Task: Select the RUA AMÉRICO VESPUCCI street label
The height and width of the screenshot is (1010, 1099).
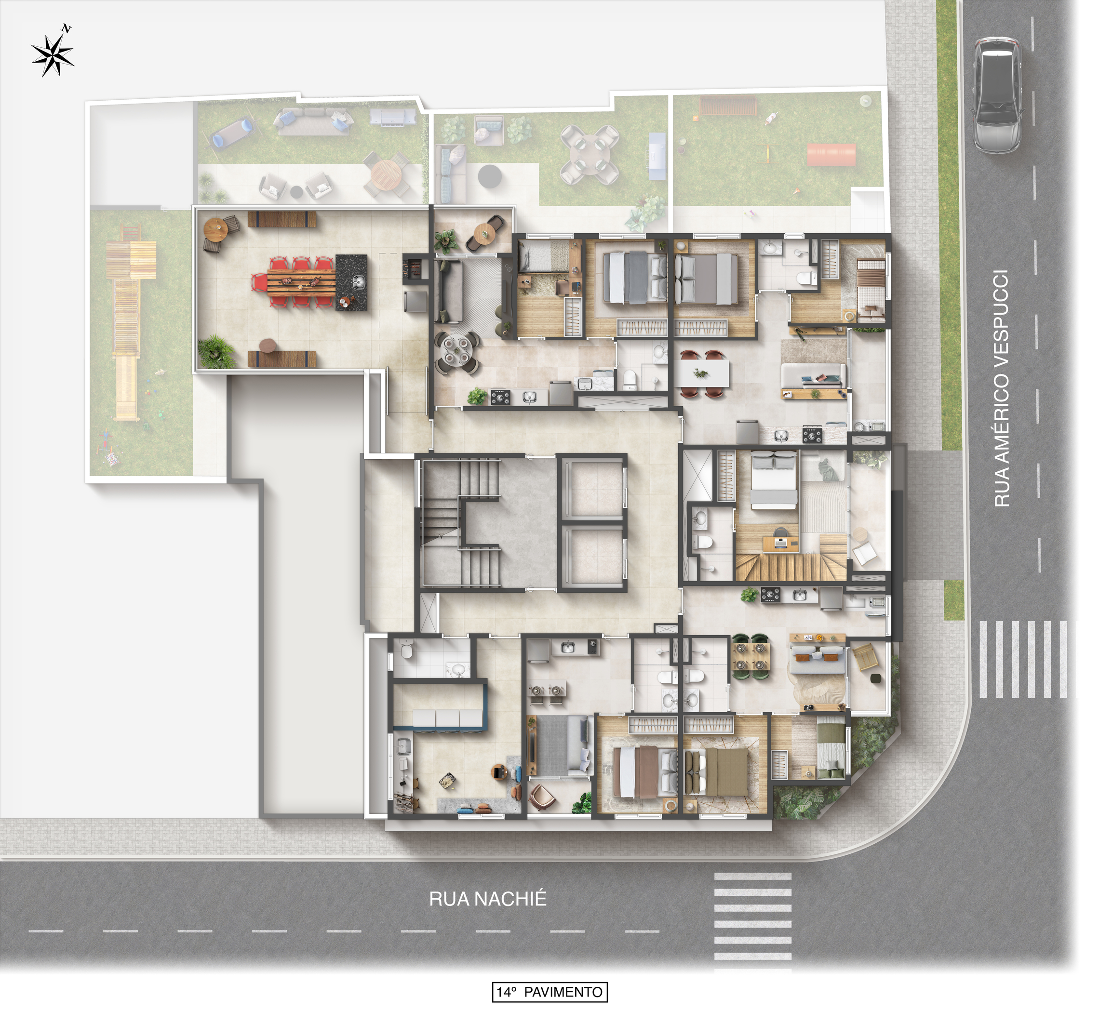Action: (1001, 388)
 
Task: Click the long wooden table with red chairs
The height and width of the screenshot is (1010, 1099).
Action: (301, 282)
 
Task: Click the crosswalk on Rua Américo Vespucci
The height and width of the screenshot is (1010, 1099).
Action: (1022, 660)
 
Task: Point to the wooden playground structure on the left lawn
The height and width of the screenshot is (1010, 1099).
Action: (127, 318)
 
